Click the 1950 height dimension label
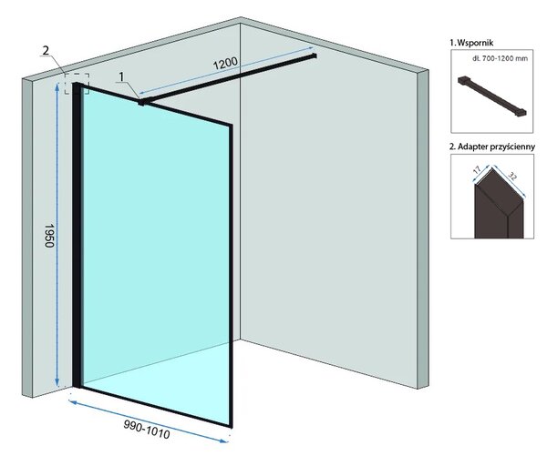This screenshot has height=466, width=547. [49, 236]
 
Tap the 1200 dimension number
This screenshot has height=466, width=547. [225, 64]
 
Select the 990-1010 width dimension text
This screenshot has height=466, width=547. [147, 429]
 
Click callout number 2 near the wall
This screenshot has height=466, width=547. [46, 50]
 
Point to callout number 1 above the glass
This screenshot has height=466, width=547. [121, 76]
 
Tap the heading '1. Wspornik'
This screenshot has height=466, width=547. [471, 43]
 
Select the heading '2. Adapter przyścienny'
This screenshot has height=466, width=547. [492, 147]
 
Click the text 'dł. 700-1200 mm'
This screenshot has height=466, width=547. [500, 58]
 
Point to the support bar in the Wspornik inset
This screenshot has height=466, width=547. [492, 96]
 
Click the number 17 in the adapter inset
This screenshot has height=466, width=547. [477, 170]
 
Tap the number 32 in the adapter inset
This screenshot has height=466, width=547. [512, 176]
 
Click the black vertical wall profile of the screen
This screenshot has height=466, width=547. [77, 235]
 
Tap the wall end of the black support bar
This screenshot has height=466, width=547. [315, 56]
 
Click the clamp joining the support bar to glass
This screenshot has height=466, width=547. [141, 102]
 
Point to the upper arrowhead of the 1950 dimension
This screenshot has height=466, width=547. [57, 86]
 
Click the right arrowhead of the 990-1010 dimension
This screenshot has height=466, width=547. [224, 441]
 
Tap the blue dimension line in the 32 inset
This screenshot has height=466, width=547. [510, 182]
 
